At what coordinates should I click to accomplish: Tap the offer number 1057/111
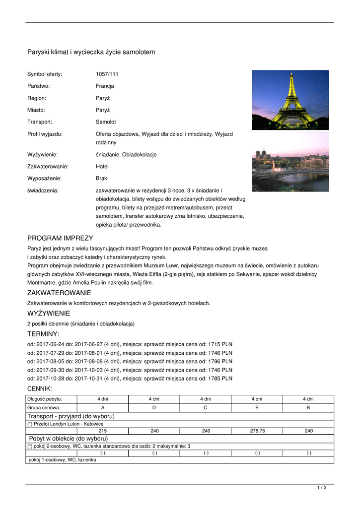click(107, 74)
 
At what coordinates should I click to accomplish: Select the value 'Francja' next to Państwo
click(105, 86)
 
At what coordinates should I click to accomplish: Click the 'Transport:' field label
click(40, 122)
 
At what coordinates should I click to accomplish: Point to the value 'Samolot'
click(106, 122)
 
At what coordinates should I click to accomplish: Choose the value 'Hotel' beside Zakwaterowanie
click(102, 167)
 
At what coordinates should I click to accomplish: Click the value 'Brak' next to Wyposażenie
click(101, 178)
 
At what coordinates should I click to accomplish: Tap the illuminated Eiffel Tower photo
click(290, 100)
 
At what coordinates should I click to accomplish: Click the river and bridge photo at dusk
click(290, 162)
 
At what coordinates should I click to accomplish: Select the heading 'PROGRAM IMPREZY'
click(60, 238)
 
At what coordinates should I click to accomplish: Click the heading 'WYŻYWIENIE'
click(49, 314)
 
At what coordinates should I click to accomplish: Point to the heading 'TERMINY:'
click(43, 334)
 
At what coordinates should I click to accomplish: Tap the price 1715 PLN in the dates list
click(219, 344)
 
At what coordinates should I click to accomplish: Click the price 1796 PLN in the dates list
click(219, 361)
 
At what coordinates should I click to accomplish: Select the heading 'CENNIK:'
click(40, 388)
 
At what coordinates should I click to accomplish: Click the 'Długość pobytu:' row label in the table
click(45, 399)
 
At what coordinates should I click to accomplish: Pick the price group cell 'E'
click(257, 407)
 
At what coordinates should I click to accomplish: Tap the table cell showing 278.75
click(257, 431)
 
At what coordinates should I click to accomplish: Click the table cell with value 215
click(102, 431)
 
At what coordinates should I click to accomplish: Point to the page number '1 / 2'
click(322, 488)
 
